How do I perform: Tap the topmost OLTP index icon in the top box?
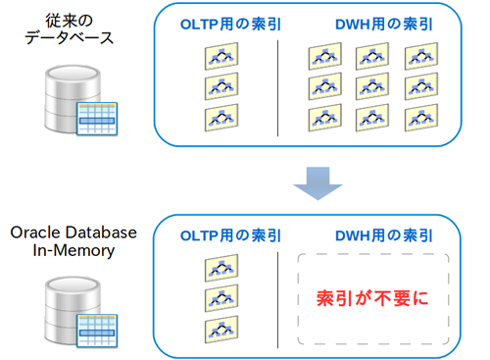(223, 57)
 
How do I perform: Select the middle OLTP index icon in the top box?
(223, 87)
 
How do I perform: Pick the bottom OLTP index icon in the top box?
(223, 118)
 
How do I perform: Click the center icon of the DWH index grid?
(372, 87)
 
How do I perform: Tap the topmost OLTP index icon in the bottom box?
(223, 268)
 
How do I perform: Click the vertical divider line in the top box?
(278, 88)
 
